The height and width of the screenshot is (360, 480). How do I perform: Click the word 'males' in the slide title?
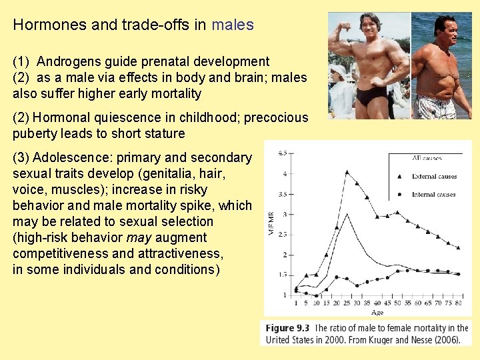pyautogui.click(x=233, y=25)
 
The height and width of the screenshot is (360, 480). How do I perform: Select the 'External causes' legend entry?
pyautogui.click(x=433, y=177)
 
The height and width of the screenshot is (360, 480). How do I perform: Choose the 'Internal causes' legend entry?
pyautogui.click(x=433, y=194)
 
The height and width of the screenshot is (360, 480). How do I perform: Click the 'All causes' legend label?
pyautogui.click(x=427, y=159)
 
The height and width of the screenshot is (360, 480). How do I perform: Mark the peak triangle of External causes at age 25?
pyautogui.click(x=347, y=172)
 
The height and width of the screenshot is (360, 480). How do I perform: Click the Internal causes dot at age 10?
pyautogui.click(x=317, y=295)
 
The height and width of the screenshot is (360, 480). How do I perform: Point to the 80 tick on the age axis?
pyautogui.click(x=458, y=303)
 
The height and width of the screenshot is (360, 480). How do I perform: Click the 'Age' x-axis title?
pyautogui.click(x=377, y=312)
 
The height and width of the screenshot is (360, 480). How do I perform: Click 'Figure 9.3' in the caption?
pyautogui.click(x=288, y=328)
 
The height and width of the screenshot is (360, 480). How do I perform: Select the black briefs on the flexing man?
pyautogui.click(x=369, y=97)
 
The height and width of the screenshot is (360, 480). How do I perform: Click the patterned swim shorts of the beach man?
pyautogui.click(x=436, y=107)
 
